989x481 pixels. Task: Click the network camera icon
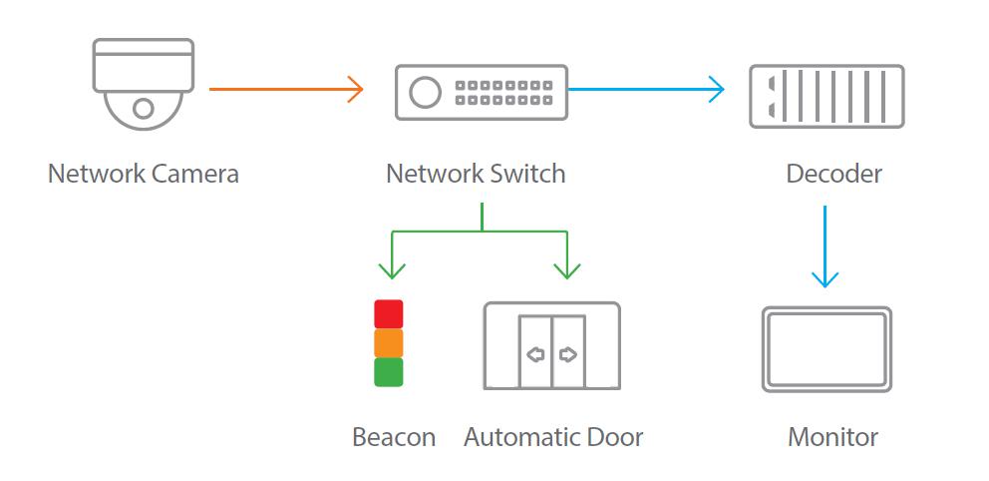143,84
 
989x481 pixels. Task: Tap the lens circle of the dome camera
144,107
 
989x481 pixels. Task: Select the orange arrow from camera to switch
285,89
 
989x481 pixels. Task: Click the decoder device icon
826,96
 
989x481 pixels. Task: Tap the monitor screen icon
826,348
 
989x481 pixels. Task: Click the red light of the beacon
388,314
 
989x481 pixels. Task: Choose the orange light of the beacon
388,343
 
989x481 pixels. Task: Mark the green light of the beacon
388,372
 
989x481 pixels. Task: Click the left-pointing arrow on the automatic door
535,354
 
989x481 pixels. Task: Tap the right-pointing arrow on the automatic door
568,354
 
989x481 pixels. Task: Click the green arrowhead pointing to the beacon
392,268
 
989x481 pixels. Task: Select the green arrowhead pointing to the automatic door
567,268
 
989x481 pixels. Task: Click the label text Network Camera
144,174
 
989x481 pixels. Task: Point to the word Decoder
833,174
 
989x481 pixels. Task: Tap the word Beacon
394,437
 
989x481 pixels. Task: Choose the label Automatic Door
553,437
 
